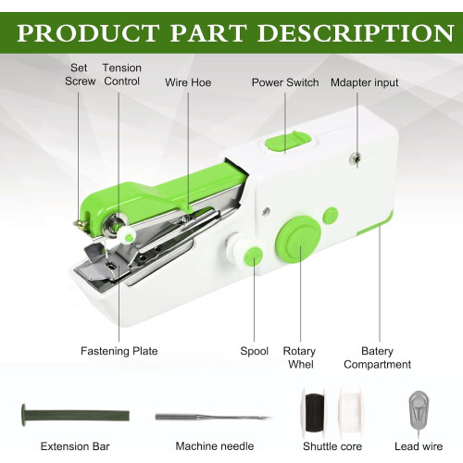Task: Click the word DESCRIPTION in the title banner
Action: pos(356,33)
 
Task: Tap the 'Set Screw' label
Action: pos(80,74)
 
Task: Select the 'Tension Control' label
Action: pos(122,74)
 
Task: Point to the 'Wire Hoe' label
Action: pos(188,82)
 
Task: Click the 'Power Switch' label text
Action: pos(285,82)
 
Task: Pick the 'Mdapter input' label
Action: pos(365,82)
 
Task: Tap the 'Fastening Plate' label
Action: pos(119,351)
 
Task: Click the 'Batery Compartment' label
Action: pos(377,357)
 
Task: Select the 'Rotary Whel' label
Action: pos(299,357)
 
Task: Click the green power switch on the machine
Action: pos(288,142)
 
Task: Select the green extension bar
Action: pos(75,415)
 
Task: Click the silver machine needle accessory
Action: pos(214,418)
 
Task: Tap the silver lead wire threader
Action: pos(419,412)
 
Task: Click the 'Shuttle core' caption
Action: pos(332,446)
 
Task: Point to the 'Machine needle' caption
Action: pos(215,446)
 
